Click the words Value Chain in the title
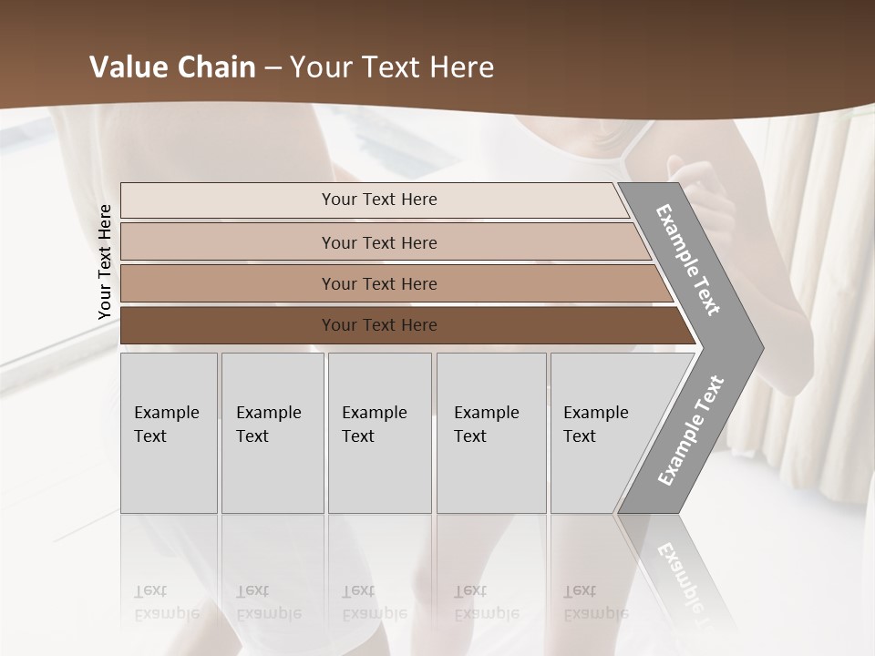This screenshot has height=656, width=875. click(x=172, y=67)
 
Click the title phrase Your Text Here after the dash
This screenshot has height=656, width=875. click(x=392, y=67)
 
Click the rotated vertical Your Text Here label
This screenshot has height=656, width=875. click(x=105, y=261)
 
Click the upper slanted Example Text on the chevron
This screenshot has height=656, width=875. click(x=688, y=260)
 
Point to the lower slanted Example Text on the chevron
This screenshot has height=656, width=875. click(x=690, y=431)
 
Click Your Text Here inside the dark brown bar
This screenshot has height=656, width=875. click(x=379, y=325)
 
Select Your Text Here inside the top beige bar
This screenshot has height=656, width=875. click(x=379, y=200)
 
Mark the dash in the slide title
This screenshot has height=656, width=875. click(x=273, y=68)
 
